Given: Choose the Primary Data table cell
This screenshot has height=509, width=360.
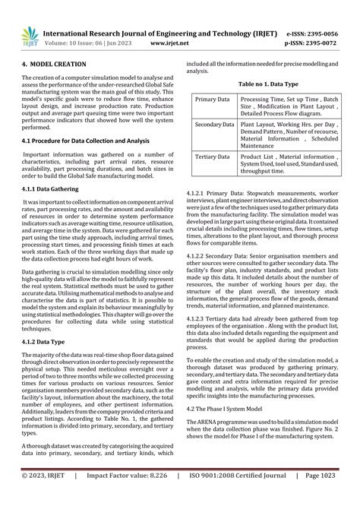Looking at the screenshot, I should (213, 100).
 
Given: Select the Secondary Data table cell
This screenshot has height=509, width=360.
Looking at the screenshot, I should (213, 123).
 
